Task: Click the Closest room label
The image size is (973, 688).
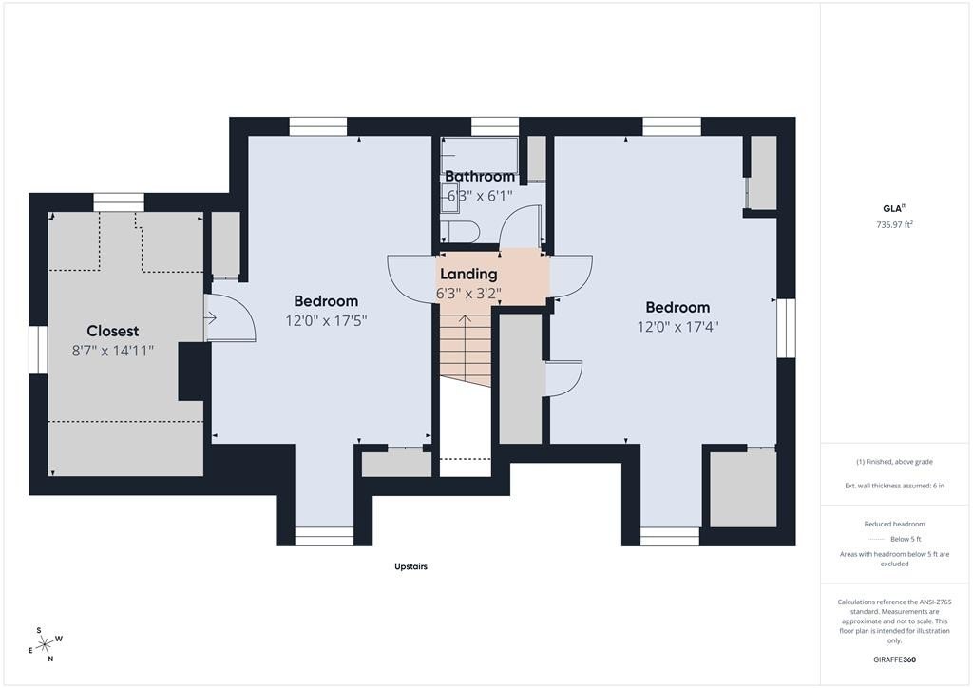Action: pos(112,331)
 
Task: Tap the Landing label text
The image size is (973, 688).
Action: pos(468,274)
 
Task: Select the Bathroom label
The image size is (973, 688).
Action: pos(480,176)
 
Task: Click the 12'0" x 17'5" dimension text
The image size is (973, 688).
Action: pos(327,321)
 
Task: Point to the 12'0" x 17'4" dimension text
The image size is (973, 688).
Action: pos(677,326)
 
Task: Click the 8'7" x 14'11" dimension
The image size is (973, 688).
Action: pos(113,351)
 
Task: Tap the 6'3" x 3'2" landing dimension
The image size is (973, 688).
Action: pos(468,294)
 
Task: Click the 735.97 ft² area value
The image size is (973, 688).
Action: pos(894,224)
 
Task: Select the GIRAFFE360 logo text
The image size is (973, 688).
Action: pos(894,659)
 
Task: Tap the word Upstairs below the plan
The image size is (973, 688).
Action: pos(410,566)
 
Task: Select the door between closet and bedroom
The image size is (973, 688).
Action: pos(230,317)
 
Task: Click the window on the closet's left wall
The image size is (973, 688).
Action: pos(38,350)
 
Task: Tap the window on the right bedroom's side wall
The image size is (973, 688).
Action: pos(786,328)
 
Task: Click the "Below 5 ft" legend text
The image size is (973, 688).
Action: pos(906,539)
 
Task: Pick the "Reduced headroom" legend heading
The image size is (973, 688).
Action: pos(894,525)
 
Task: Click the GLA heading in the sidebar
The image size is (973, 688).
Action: pos(893,208)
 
